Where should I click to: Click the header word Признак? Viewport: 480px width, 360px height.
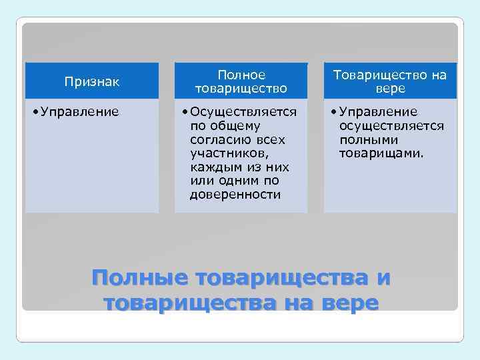92,81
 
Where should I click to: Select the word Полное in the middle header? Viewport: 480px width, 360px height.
241,75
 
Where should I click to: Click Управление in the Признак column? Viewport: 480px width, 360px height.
80,111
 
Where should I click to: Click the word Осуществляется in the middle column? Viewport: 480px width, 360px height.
243,111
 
